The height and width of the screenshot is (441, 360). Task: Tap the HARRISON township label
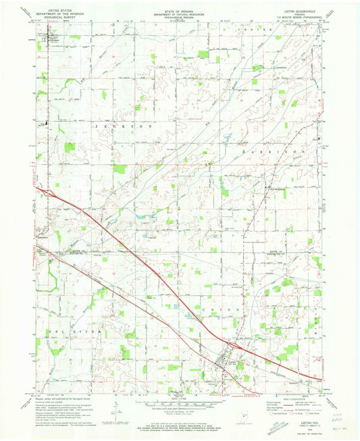pyautogui.click(x=263, y=155)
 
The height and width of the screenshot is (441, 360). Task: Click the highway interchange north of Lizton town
pyautogui.click(x=234, y=345)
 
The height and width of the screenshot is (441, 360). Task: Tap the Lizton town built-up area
pyautogui.click(x=225, y=362)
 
